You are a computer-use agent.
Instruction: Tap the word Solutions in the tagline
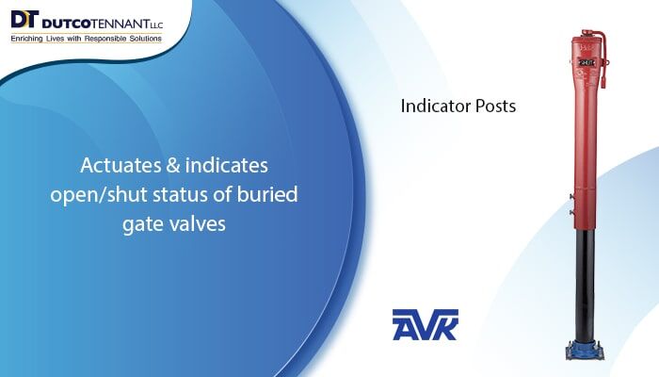(x=147, y=38)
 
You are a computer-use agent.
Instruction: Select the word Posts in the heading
(x=496, y=107)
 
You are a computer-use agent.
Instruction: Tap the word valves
(x=199, y=225)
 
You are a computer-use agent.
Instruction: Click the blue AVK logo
(x=425, y=324)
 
